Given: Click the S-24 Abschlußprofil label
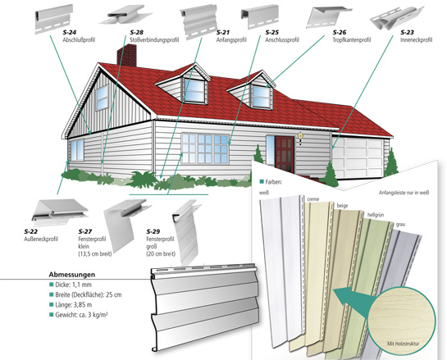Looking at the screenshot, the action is pos(79,36).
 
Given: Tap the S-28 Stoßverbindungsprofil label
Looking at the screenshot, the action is pos(154,36).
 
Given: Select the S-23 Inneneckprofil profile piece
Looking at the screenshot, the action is pos(397,18).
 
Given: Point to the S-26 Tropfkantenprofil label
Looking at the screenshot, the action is pos(352,36).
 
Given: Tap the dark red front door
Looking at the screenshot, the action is pos(285,154).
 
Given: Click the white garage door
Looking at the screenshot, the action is pos(358,157).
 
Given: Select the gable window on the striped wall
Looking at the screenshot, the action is pos(102,98).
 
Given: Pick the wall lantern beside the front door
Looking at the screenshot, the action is pos(300,138).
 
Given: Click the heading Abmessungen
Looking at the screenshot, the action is pos(72,275).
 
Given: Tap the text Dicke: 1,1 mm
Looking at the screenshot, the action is pos(73,285).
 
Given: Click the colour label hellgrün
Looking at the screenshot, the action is pos(374,215).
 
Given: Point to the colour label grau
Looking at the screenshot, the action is pos(400,225).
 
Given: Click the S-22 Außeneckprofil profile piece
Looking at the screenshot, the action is pos(60,211).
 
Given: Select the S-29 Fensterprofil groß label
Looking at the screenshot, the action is pos(161,243).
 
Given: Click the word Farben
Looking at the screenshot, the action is pos(273,182).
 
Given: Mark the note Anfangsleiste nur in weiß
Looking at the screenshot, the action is pos(404,193).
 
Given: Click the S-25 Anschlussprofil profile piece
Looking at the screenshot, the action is pos(259,16).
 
